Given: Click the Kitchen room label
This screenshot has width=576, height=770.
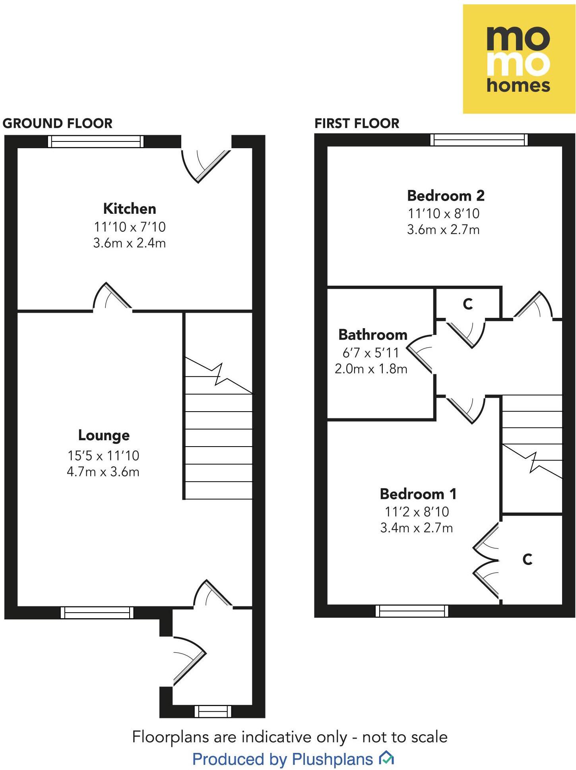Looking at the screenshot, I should coord(129,209).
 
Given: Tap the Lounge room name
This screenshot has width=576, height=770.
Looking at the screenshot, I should coord(104,435).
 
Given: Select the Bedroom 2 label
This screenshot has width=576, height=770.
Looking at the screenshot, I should coord(446,195).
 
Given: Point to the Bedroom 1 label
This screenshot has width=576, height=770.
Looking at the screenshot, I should coord(418,494).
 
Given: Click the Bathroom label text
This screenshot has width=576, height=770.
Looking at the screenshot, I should coord(372,335).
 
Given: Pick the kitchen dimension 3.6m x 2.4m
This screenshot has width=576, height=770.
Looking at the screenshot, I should coord(129,243).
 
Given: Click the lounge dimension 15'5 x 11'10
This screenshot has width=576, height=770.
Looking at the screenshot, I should coord(103,455).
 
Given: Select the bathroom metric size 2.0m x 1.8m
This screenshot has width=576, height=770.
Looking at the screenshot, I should coord(371,369).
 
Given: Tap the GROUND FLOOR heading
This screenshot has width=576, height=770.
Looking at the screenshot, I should coord(58,124).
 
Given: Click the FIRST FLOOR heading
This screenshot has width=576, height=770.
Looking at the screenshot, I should coord(357,124).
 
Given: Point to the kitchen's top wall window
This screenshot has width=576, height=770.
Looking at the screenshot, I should coord(95,141).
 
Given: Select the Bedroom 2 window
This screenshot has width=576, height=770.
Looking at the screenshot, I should coord(479,140).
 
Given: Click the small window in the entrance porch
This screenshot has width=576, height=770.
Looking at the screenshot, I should coord(213,711).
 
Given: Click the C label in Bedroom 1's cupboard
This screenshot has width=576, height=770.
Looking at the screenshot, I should coord(527,559).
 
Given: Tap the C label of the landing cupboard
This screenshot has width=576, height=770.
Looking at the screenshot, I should coord(467,304).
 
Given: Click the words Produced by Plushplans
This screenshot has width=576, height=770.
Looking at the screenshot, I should coord(283,759).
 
